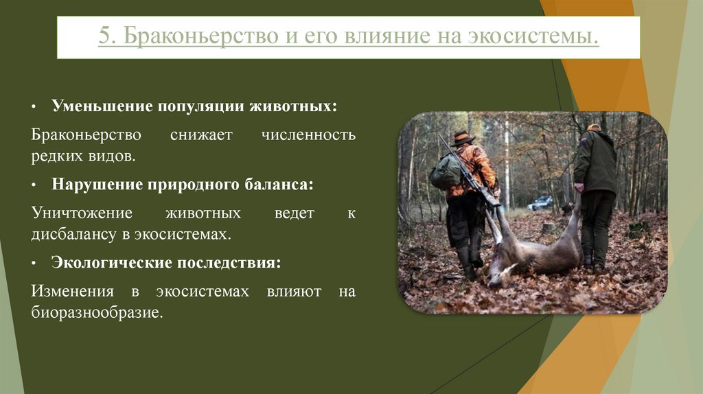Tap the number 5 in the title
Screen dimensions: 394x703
point(103,36)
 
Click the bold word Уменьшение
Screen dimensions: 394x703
point(102,107)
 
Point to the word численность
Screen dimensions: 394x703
point(308,134)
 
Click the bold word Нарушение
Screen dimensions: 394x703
point(94,185)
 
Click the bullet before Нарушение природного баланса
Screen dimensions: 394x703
point(35,186)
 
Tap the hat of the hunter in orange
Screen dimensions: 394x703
point(463,137)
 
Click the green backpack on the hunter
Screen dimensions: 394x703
point(445,172)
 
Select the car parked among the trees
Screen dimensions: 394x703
point(540,203)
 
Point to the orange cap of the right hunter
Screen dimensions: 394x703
point(594,128)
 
